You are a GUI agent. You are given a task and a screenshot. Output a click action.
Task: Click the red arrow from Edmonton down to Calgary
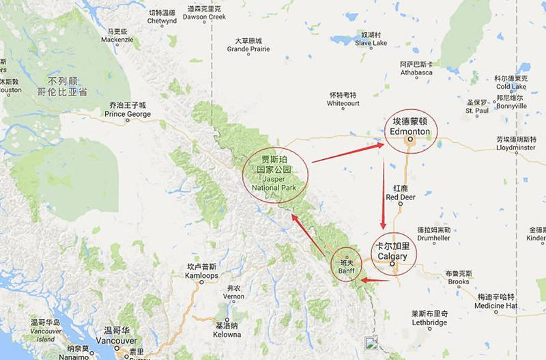384,194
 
